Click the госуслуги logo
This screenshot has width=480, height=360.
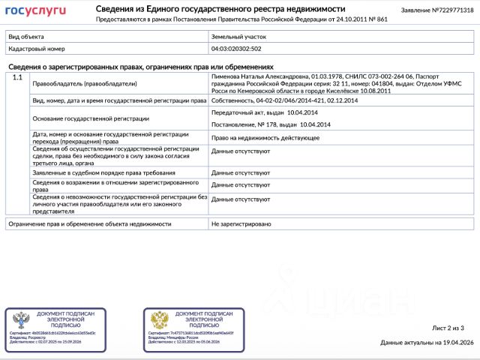click(x=36, y=10)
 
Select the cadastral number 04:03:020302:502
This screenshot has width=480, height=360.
click(x=236, y=48)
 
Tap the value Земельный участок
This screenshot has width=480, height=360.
click(x=238, y=36)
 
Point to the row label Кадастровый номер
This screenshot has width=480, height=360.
click(x=33, y=48)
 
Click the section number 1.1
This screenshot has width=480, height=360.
click(x=17, y=78)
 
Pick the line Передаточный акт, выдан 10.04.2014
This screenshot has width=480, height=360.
click(x=259, y=112)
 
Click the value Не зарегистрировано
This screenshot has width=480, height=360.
click(x=241, y=223)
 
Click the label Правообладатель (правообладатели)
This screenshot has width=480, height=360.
click(x=85, y=83)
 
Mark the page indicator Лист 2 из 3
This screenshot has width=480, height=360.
click(x=448, y=328)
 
